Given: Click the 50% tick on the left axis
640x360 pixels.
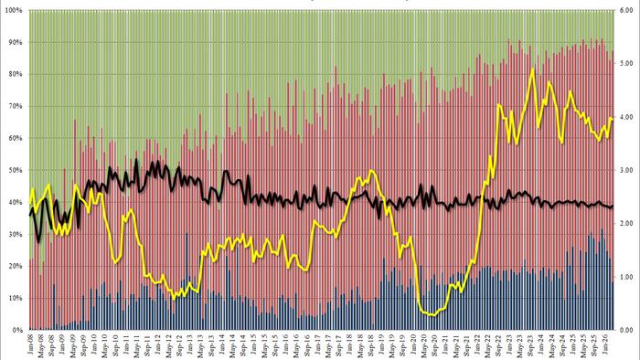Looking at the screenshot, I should pyautogui.click(x=15, y=170).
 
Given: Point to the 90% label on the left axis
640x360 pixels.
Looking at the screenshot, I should pyautogui.click(x=15, y=42).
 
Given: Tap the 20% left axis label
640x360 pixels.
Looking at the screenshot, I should pyautogui.click(x=15, y=266).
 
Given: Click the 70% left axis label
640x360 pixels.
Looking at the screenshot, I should pyautogui.click(x=15, y=106).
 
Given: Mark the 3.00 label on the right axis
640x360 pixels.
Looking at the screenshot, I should pyautogui.click(x=624, y=170).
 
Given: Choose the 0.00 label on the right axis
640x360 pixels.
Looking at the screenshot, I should pyautogui.click(x=624, y=329).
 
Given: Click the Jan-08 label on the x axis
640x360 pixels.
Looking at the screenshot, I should pyautogui.click(x=32, y=344).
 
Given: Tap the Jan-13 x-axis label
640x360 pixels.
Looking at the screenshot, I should pyautogui.click(x=192, y=344).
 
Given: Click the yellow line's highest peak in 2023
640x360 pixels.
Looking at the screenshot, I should pyautogui.click(x=531, y=69).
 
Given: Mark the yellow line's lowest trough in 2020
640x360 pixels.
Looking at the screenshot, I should pyautogui.click(x=430, y=314).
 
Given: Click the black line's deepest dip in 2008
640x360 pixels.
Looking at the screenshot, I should pyautogui.click(x=38, y=241).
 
